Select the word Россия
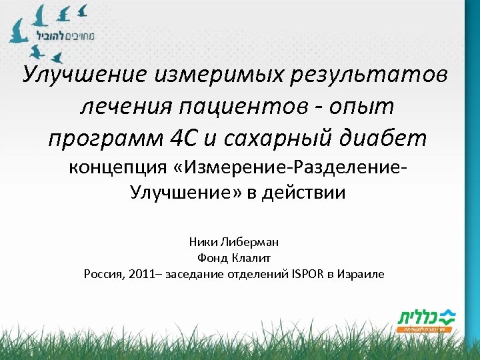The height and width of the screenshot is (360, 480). coord(102,274)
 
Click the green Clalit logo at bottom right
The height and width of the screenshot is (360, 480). coord(425,318)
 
